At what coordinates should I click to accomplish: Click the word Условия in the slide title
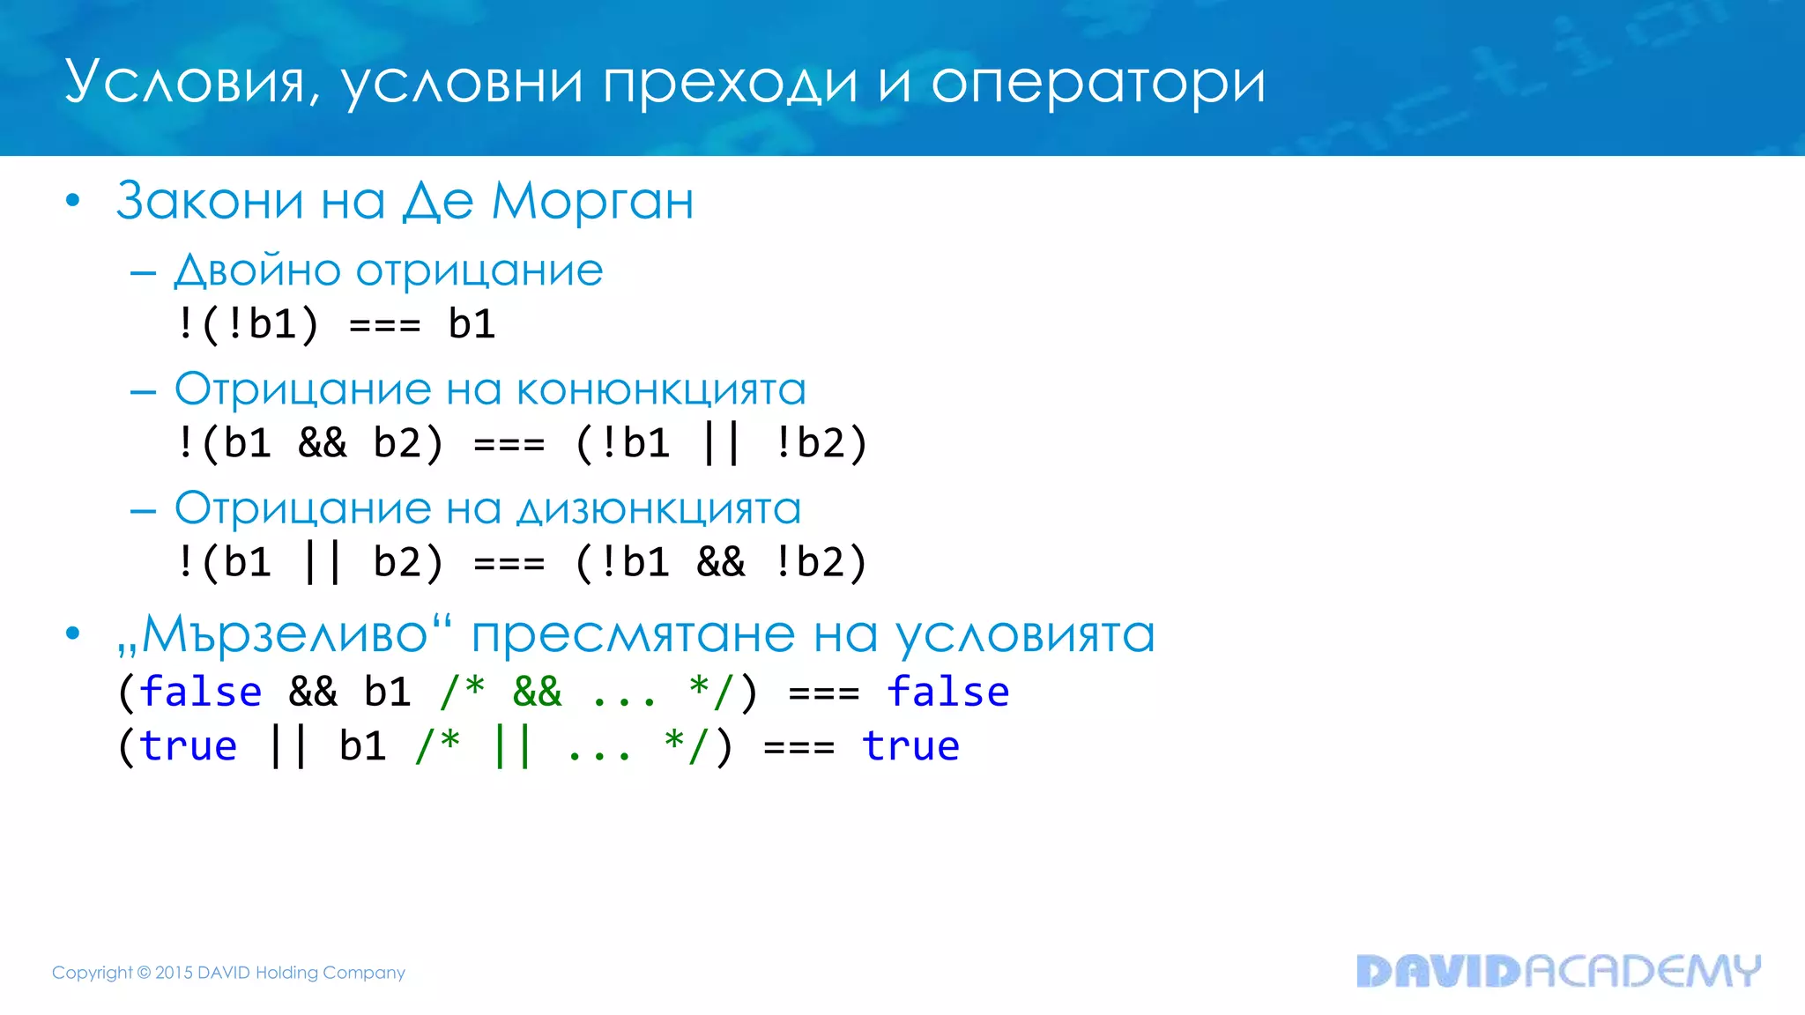185,83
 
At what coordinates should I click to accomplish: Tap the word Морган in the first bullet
592,202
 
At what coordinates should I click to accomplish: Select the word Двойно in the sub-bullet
256,270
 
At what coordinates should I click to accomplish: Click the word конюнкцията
661,390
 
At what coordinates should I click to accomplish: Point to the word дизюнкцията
658,509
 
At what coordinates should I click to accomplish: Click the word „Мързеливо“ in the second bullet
284,634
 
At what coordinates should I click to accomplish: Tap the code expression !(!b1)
248,324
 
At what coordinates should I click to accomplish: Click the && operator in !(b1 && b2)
323,443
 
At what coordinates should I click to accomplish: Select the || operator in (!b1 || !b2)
722,443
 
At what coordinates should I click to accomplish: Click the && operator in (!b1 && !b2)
721,562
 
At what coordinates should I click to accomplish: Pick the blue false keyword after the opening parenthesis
201,692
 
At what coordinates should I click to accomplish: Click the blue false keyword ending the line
947,692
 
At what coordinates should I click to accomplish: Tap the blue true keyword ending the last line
910,746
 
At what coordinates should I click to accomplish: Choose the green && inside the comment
537,692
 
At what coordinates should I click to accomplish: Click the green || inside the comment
512,746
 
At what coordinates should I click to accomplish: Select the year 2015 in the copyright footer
174,973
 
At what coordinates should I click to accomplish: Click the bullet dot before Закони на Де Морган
73,201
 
